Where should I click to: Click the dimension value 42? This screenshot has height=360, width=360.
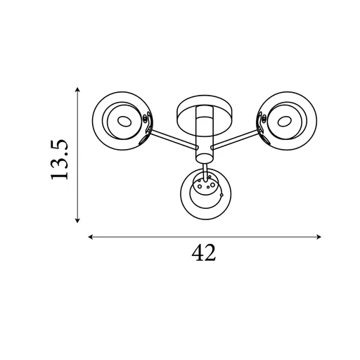tap(203, 253)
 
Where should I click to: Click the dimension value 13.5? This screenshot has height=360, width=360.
tap(59, 160)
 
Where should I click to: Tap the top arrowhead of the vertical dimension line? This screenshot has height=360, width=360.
tap(77, 90)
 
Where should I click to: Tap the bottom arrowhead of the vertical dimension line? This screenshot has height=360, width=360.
tap(77, 220)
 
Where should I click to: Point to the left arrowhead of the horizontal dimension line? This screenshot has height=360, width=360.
tap(91, 237)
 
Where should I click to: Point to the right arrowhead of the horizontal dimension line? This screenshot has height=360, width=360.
tap(319, 237)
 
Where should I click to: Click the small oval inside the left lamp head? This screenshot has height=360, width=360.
tap(124, 122)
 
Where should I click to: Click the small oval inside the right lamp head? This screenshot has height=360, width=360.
tap(284, 122)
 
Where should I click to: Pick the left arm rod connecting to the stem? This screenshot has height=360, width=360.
tap(173, 139)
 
